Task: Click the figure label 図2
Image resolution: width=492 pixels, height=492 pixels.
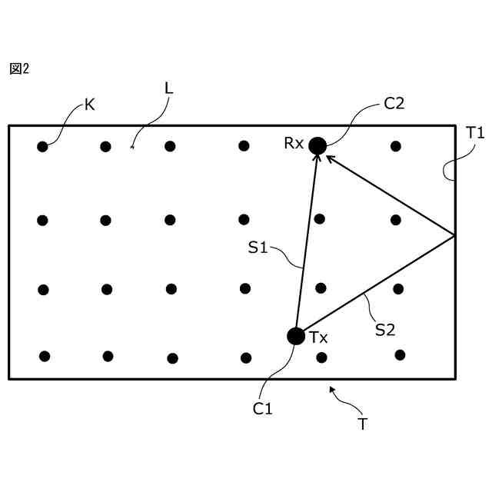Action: [x=19, y=69]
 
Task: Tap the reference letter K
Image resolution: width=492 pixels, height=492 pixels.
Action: [x=90, y=105]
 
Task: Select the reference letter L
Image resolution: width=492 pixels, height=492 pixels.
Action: [x=169, y=88]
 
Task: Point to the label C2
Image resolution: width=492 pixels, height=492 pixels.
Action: [x=394, y=104]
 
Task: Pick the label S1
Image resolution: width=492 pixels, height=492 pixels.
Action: [x=258, y=248]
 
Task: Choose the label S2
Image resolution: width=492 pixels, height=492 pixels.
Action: [x=385, y=329]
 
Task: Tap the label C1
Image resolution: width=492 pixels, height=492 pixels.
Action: [x=263, y=409]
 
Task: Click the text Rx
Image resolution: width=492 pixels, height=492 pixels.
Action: [x=294, y=143]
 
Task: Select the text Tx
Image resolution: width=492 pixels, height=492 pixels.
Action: [x=318, y=337]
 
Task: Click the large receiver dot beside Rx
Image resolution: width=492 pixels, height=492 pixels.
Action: [x=317, y=145]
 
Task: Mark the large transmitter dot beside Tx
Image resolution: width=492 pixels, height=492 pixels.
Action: [x=295, y=336]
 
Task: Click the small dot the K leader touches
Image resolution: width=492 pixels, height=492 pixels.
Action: [x=42, y=146]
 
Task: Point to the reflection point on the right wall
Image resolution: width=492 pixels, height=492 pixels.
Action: [x=455, y=235]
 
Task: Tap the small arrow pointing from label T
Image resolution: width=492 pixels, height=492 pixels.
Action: [x=333, y=390]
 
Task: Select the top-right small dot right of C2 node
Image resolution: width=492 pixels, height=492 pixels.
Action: [x=395, y=146]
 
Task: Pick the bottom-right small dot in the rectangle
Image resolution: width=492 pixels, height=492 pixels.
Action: [x=400, y=354]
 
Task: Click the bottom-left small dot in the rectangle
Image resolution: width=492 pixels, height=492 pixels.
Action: [x=45, y=356]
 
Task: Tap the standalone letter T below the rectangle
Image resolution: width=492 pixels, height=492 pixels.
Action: [x=362, y=424]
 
